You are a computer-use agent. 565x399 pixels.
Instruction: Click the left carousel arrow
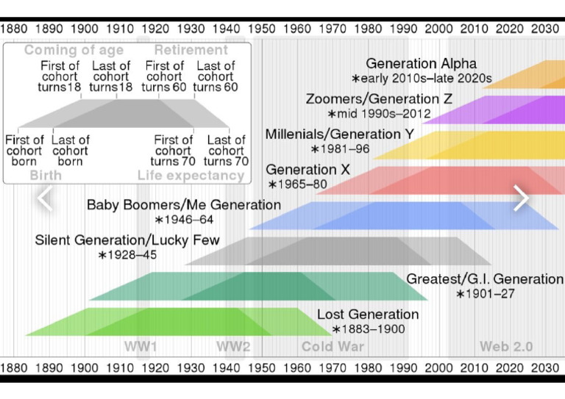(x=45, y=198)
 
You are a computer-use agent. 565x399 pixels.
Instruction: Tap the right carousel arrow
(x=521, y=198)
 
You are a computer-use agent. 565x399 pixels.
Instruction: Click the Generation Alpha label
(x=422, y=64)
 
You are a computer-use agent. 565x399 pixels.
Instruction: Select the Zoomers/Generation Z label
(x=379, y=98)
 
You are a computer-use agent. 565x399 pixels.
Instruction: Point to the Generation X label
(x=308, y=170)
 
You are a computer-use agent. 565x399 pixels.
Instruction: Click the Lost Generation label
(x=368, y=314)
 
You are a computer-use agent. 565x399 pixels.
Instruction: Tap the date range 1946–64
(x=184, y=220)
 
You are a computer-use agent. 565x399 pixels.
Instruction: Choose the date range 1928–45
(x=127, y=255)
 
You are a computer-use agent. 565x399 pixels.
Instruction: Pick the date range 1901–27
(x=486, y=294)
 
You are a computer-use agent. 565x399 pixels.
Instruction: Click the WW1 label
(x=141, y=347)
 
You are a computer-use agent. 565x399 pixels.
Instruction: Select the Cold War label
(x=333, y=347)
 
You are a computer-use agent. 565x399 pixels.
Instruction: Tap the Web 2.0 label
(x=506, y=347)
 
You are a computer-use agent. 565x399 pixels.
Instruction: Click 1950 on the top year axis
(x=262, y=29)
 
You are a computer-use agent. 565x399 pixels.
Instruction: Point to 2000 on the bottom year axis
(x=438, y=368)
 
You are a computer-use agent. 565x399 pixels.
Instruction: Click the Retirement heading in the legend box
(x=191, y=50)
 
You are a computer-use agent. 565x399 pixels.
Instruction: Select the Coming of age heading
(x=74, y=50)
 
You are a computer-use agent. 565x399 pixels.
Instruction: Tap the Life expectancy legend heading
(x=191, y=175)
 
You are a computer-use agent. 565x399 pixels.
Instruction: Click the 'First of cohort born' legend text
(x=24, y=151)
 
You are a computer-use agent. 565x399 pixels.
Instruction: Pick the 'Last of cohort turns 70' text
(x=226, y=151)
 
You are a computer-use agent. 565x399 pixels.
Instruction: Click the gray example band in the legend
(x=124, y=114)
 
